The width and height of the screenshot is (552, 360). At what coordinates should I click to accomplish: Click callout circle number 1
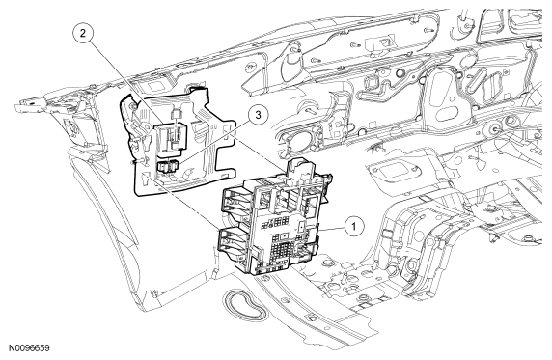click(353, 227)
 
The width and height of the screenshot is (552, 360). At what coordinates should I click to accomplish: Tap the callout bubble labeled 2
click(83, 33)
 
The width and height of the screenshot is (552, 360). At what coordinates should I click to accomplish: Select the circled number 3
click(258, 116)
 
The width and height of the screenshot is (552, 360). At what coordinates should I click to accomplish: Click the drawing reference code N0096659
click(29, 348)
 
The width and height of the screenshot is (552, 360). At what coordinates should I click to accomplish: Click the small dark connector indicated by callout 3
click(168, 166)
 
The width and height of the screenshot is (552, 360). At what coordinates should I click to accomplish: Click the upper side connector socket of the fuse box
click(233, 202)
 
